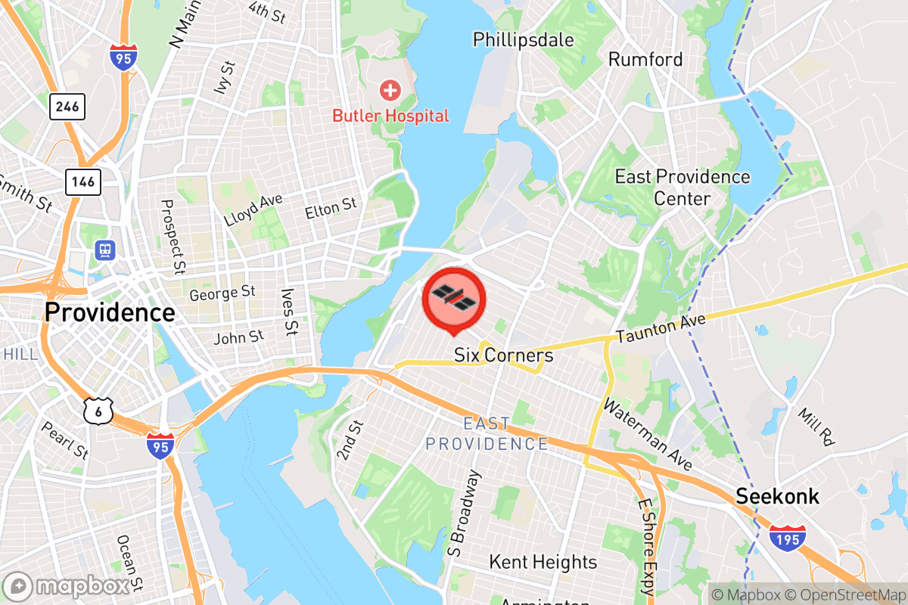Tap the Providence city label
coord(110,312)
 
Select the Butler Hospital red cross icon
coord(390,92)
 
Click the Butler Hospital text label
coord(390,116)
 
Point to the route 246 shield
coord(67,107)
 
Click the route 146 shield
coord(83,181)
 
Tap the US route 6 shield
coord(99,410)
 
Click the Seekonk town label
coord(778,497)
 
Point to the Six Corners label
coord(503,355)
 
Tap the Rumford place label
coord(645,59)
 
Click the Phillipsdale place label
coord(524,39)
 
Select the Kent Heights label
coord(543,562)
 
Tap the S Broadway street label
coord(464,513)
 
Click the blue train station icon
coord(103,249)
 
